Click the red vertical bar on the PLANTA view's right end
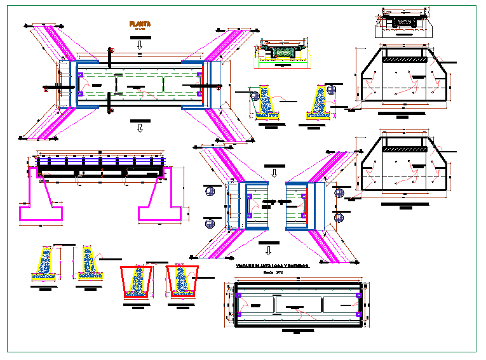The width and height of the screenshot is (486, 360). [x=203, y=80]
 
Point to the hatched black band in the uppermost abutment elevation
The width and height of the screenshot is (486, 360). [x=404, y=59]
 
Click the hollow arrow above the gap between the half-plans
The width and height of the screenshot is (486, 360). [x=274, y=173]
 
